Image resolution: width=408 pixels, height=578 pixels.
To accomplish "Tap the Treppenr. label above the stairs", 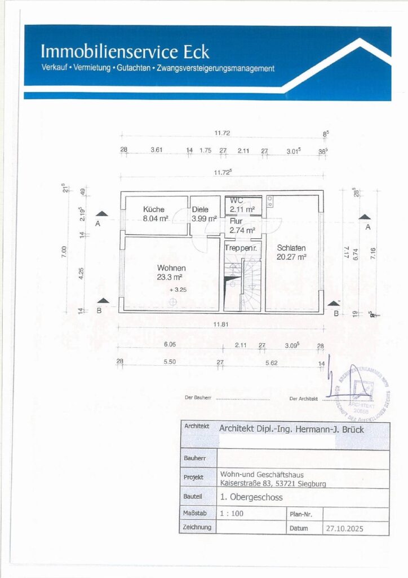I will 241,248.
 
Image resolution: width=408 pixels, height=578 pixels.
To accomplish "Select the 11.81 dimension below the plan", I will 221,325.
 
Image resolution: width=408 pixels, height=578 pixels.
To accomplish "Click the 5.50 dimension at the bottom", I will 170,361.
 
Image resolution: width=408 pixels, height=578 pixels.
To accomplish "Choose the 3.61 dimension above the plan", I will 156,150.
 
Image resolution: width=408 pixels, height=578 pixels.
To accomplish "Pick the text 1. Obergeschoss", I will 251,497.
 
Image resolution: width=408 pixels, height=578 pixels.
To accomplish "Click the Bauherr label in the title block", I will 194,458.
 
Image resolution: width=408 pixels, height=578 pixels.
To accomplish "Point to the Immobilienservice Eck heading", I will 125,52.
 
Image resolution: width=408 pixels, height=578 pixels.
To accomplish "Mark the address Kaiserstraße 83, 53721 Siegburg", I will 272,483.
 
